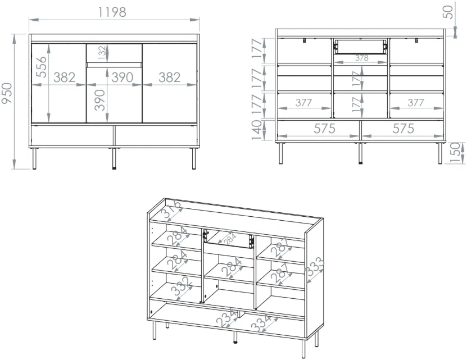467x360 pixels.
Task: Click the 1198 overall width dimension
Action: click(x=112, y=12)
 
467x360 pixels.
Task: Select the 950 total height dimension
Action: click(x=7, y=93)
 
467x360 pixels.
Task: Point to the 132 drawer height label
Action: click(x=102, y=53)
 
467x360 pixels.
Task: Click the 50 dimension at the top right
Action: click(x=448, y=12)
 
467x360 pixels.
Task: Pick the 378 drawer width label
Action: click(x=361, y=58)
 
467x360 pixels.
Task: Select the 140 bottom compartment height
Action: click(x=256, y=130)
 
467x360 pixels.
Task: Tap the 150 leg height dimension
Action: click(x=455, y=153)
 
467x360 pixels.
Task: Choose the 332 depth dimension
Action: click(x=181, y=286)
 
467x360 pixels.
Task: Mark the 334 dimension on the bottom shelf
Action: click(x=261, y=322)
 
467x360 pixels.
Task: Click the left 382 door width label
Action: click(x=64, y=78)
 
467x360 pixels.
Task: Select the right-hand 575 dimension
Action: click(x=403, y=129)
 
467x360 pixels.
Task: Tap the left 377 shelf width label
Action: click(x=303, y=103)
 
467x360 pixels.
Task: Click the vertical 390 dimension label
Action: click(x=100, y=100)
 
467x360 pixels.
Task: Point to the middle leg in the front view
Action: click(x=114, y=158)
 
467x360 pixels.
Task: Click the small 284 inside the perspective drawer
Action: click(x=230, y=238)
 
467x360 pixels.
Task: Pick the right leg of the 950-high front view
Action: click(x=194, y=158)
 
